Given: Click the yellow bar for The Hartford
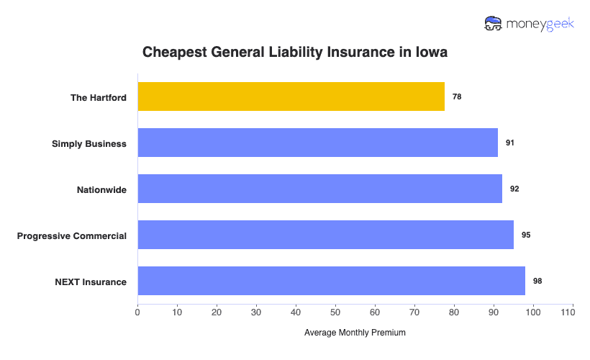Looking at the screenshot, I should tap(291, 96).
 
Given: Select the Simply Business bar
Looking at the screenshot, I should tap(317, 143).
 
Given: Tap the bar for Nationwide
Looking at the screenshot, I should tap(319, 189).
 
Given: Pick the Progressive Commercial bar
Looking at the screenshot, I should tap(325, 235).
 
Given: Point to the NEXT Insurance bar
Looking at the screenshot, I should tap(331, 281).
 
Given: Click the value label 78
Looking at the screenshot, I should tap(457, 96).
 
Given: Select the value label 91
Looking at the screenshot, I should tap(510, 143).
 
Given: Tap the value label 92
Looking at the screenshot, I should tap(514, 189).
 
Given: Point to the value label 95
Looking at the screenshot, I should tap(526, 235).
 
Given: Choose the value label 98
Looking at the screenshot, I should tap(537, 281).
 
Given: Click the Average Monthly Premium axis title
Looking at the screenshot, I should tap(355, 333).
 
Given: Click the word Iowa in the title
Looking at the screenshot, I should tap(433, 53).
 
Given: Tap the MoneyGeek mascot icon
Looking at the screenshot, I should tap(494, 23).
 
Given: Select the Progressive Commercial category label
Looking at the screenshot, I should tap(72, 235).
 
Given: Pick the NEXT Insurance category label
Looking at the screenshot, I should tap(91, 282).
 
